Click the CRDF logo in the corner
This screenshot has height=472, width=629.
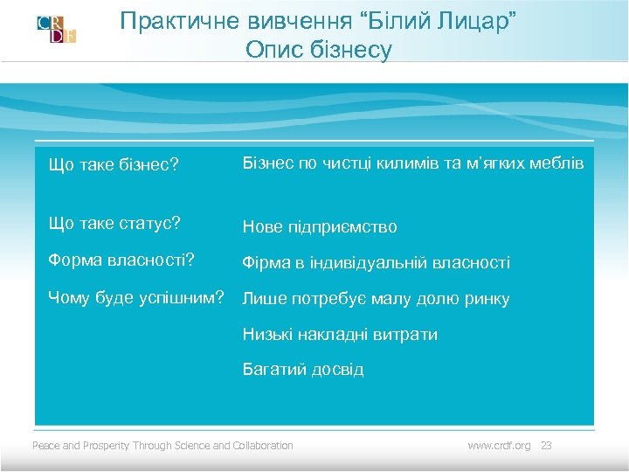point(56,29)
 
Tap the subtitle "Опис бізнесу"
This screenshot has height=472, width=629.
point(319,51)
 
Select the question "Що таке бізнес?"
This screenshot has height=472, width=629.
point(114,165)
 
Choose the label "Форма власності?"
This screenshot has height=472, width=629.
point(121,260)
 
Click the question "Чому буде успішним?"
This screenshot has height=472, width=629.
point(140,296)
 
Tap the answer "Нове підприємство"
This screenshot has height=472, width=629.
point(320,227)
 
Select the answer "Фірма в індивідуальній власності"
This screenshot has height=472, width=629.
point(377,263)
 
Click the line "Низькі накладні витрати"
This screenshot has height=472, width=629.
point(340,334)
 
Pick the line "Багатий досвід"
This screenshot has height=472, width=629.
point(303,370)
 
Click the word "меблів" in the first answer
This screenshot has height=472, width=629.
point(558,164)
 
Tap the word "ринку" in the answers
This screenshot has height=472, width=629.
point(487,299)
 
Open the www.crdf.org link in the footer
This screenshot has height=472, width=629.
point(499,446)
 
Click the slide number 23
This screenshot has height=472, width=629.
point(547,446)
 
